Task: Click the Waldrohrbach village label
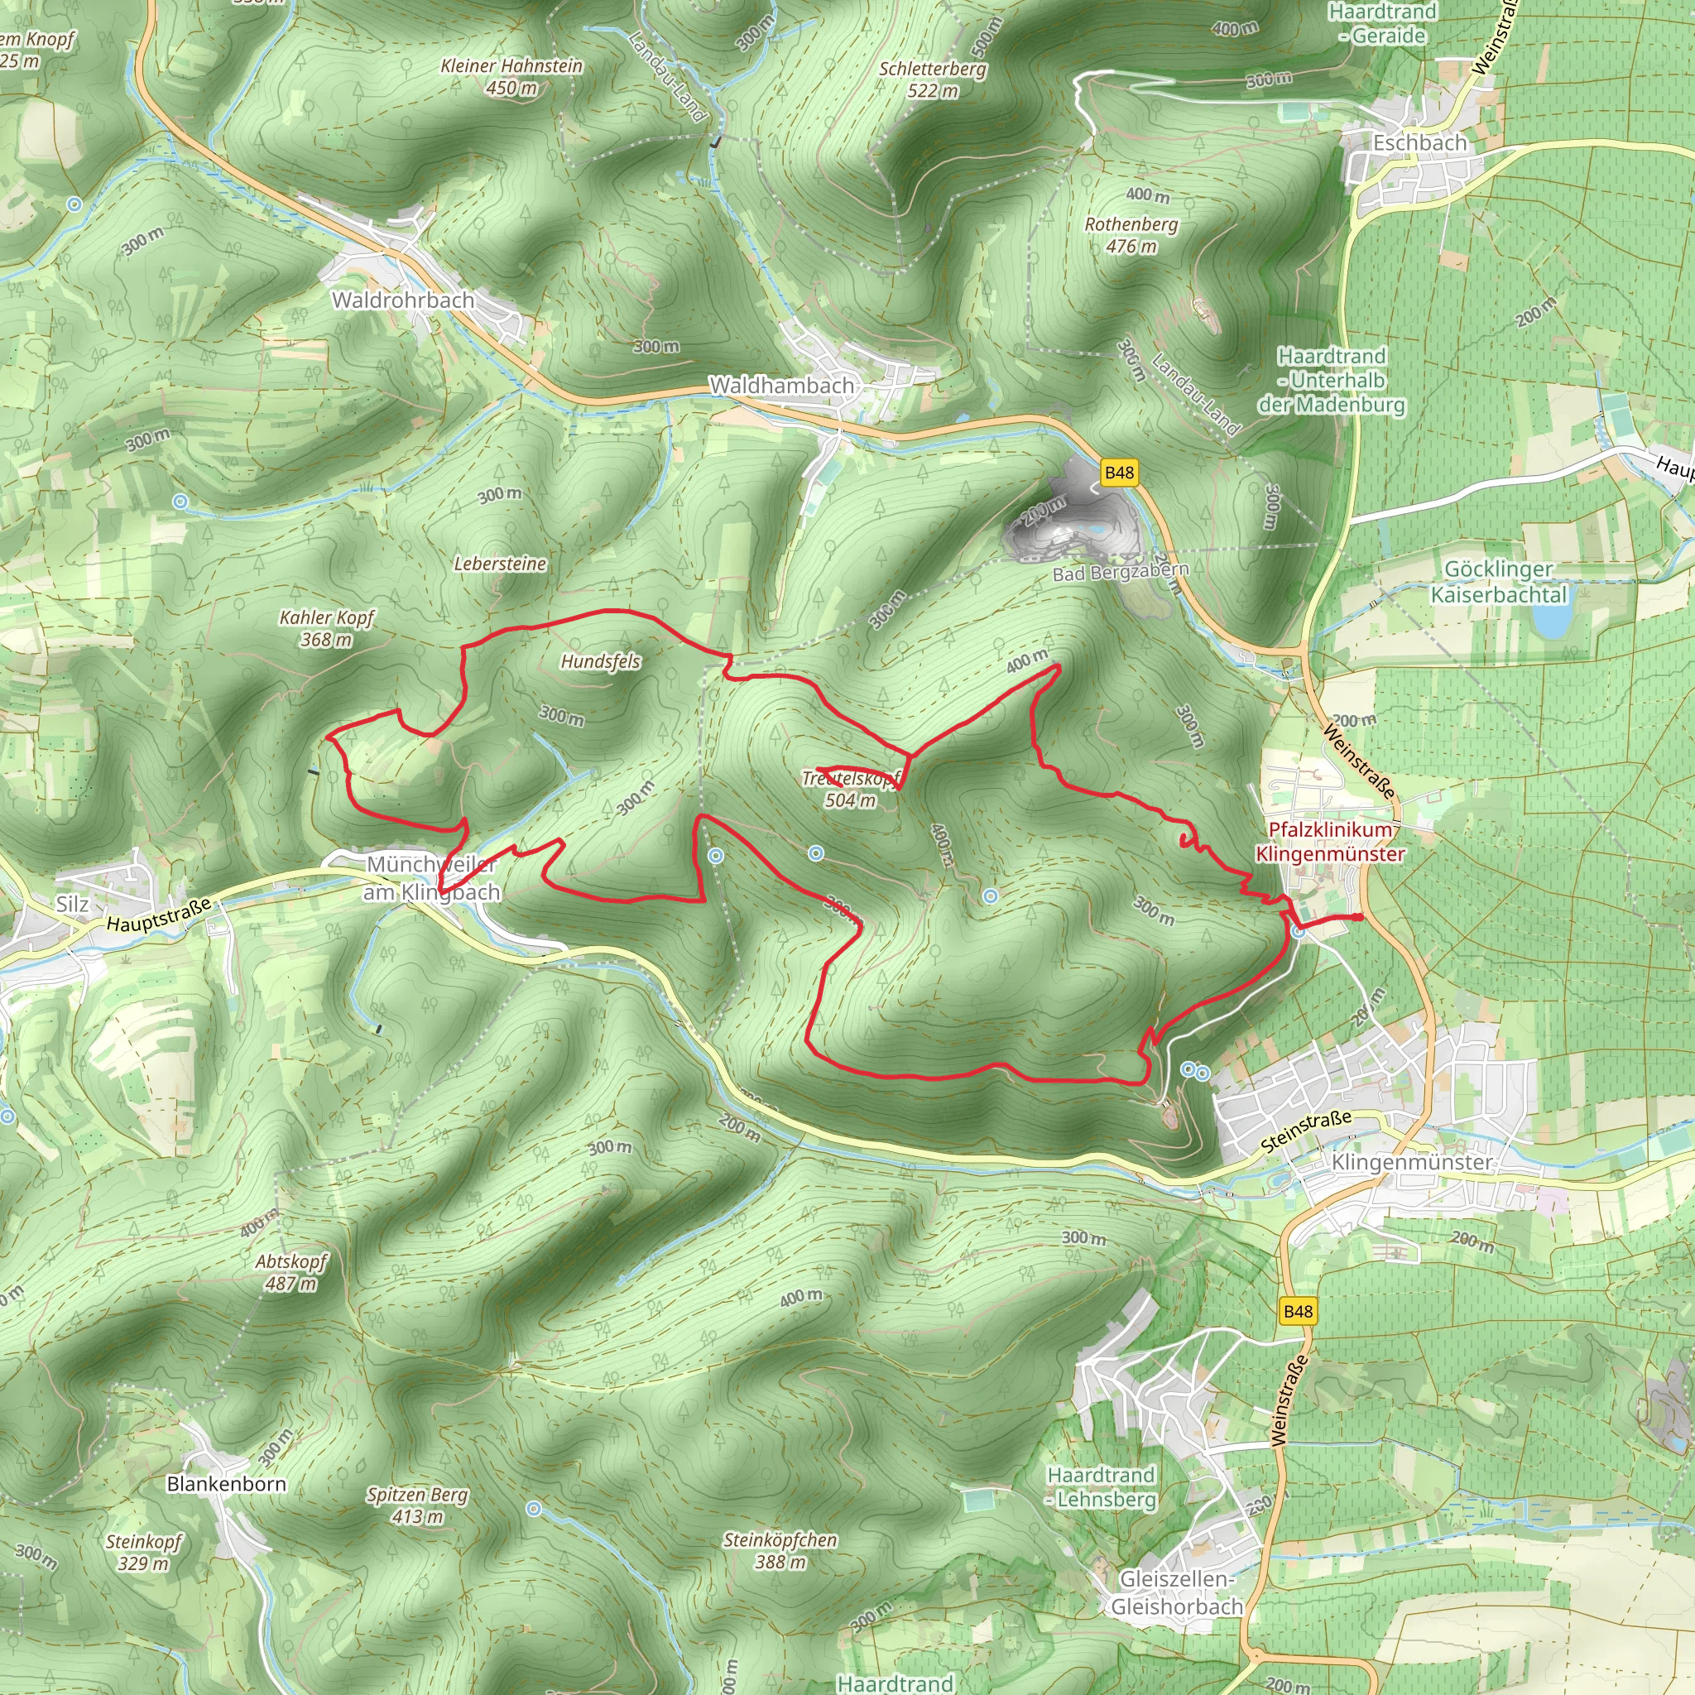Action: pyautogui.click(x=403, y=300)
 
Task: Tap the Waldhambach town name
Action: pyautogui.click(x=780, y=385)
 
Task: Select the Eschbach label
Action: pyautogui.click(x=1419, y=143)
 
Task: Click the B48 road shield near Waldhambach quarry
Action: pyautogui.click(x=1119, y=473)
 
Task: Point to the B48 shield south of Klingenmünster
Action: pyautogui.click(x=1298, y=1312)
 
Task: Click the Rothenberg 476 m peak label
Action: pyautogui.click(x=1131, y=235)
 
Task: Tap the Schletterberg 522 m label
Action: pyautogui.click(x=933, y=79)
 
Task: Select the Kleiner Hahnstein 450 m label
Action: pyautogui.click(x=511, y=76)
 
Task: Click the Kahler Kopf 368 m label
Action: pyautogui.click(x=326, y=628)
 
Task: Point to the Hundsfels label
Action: pyautogui.click(x=600, y=661)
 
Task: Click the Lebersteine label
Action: pyautogui.click(x=500, y=564)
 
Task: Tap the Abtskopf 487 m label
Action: pyautogui.click(x=291, y=1272)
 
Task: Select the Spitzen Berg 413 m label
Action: pyautogui.click(x=418, y=1505)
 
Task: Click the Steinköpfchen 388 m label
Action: pyautogui.click(x=780, y=1550)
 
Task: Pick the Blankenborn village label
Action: pyautogui.click(x=226, y=1484)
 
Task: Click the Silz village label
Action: pyautogui.click(x=72, y=904)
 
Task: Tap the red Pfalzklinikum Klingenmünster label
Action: pyautogui.click(x=1329, y=842)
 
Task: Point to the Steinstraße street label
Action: pyautogui.click(x=1305, y=1131)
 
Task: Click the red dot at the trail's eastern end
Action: pyautogui.click(x=1358, y=918)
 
